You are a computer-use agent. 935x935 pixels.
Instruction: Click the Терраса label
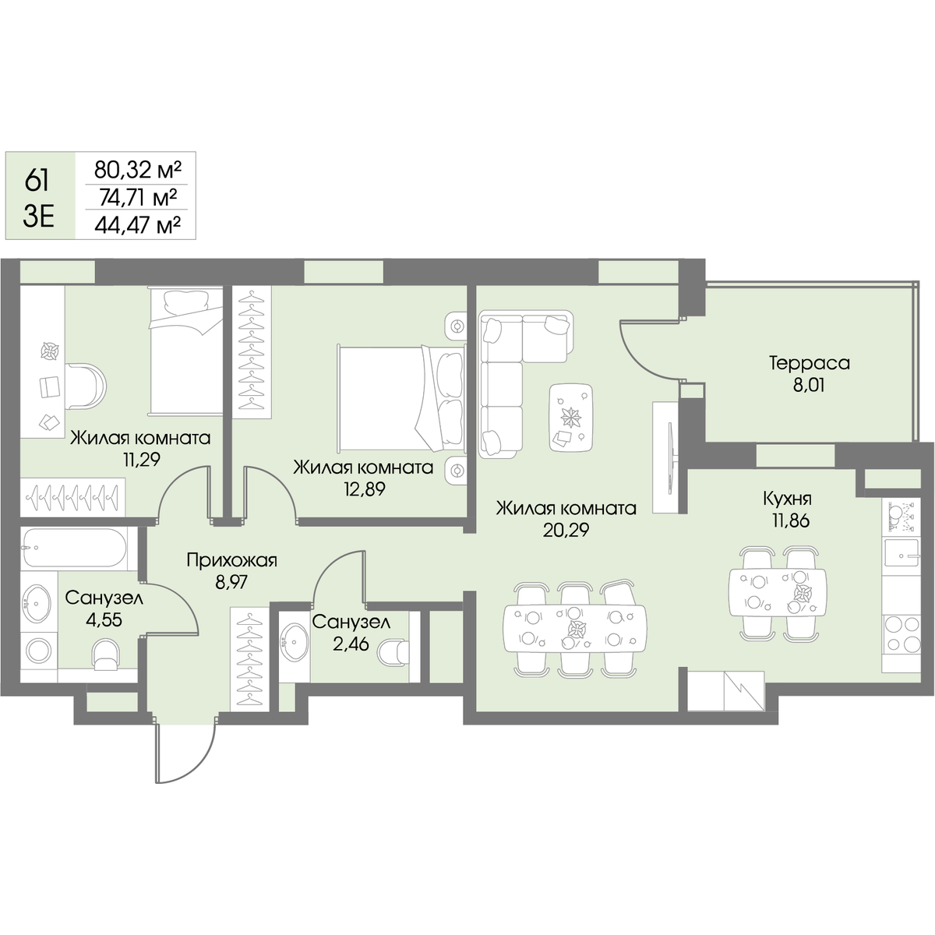(810, 363)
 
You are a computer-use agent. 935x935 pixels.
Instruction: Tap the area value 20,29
(566, 530)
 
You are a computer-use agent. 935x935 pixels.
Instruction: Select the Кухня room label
(787, 499)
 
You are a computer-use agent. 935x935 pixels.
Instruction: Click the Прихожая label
(232, 561)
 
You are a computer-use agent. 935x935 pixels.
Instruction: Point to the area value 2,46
(351, 644)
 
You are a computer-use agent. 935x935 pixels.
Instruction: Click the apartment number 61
(37, 182)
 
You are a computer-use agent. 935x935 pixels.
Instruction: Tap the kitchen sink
(901, 553)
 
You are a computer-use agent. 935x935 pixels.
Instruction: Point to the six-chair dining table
(575, 628)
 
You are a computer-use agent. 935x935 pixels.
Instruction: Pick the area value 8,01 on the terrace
(810, 386)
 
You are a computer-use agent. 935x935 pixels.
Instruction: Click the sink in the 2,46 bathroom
(293, 640)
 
